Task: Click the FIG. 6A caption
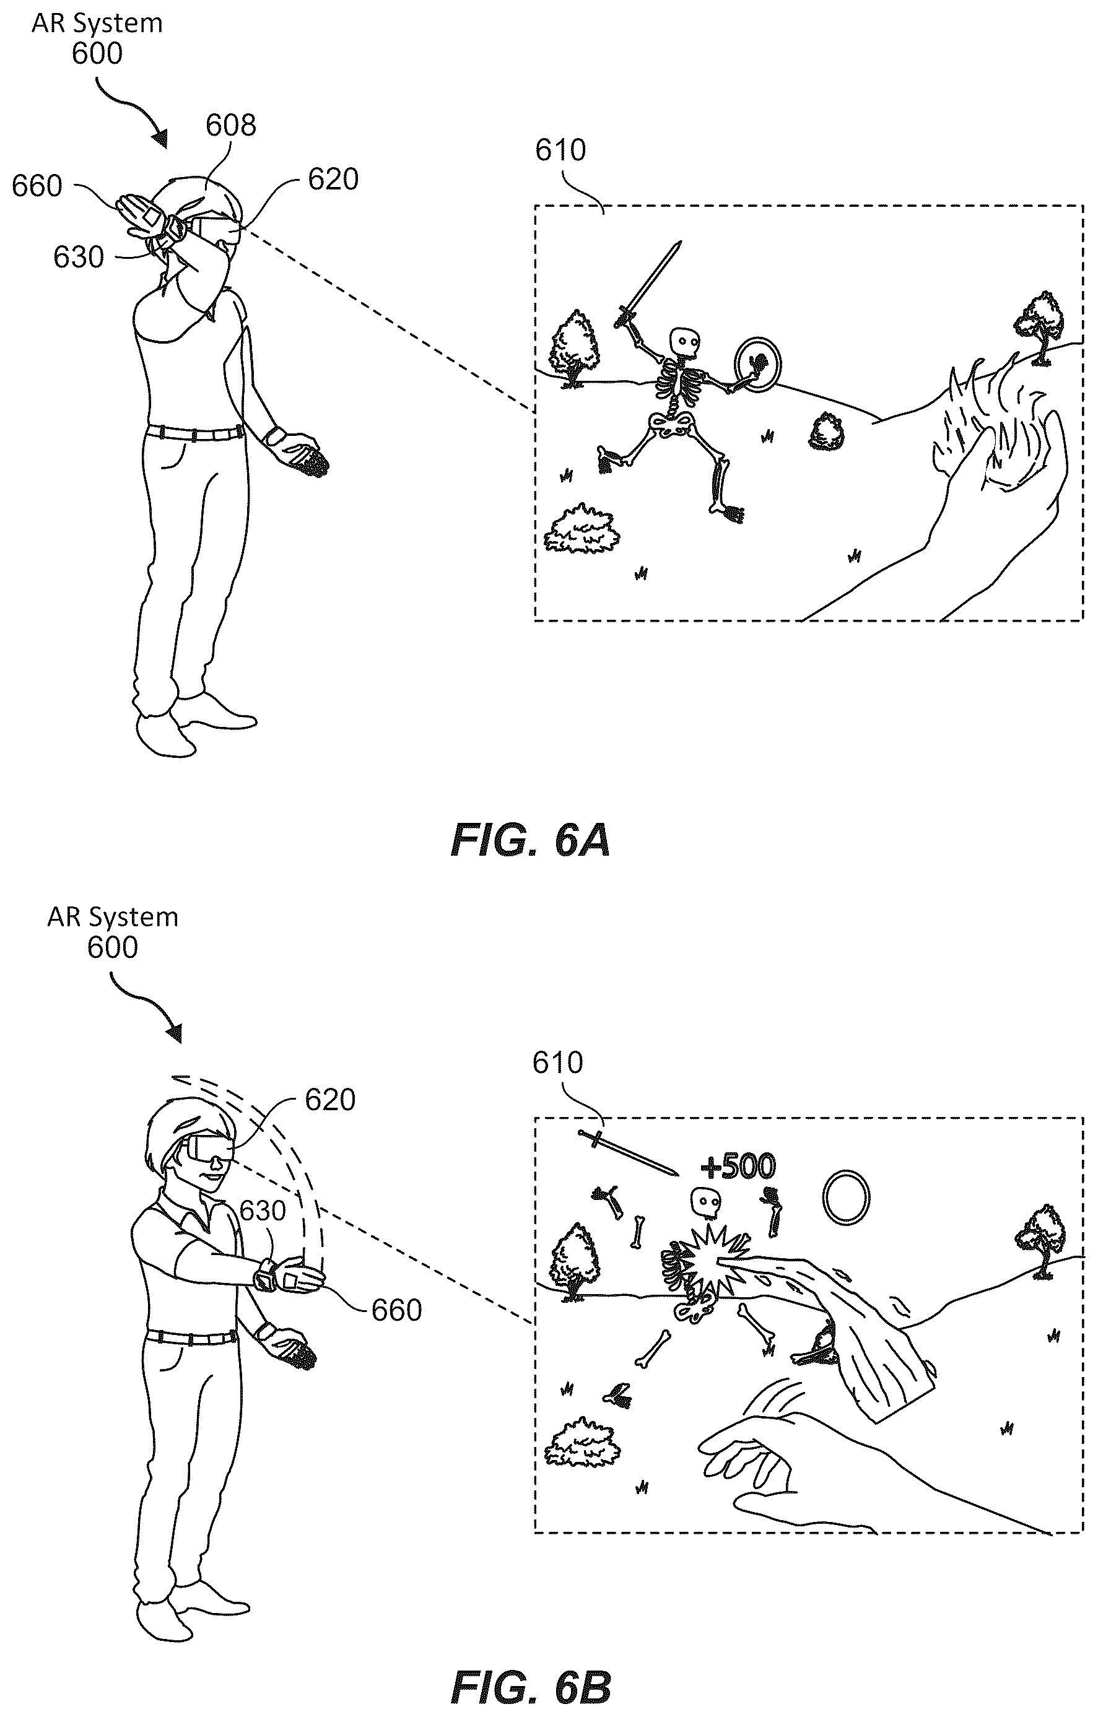click(x=531, y=840)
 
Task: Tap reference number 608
click(x=230, y=126)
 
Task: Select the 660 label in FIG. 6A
click(x=37, y=186)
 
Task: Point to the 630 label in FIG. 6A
click(x=79, y=258)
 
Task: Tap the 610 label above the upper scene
click(x=560, y=150)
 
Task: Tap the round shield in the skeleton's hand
click(x=758, y=363)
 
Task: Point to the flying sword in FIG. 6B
click(x=627, y=1152)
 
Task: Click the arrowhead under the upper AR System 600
click(x=159, y=137)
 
